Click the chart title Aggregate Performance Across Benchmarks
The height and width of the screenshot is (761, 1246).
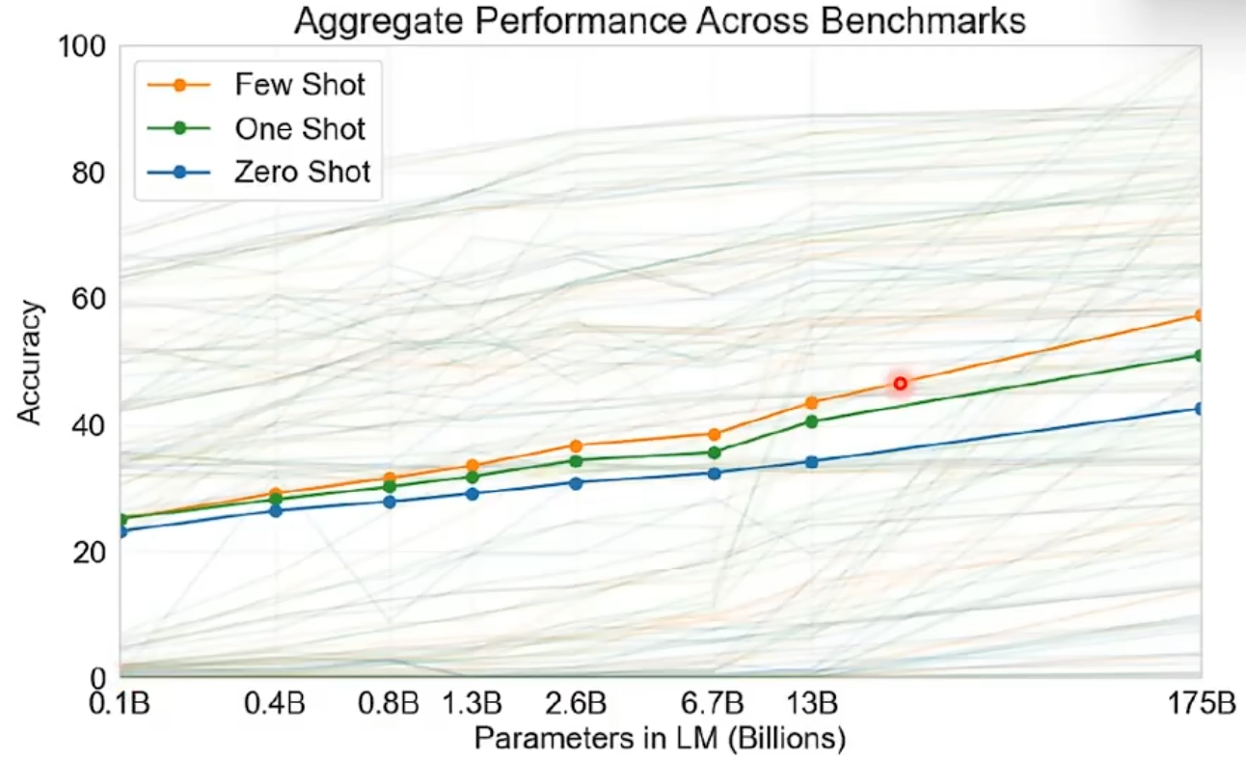coord(660,21)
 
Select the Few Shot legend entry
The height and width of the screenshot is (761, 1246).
coord(299,84)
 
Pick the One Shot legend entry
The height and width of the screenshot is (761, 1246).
coord(299,128)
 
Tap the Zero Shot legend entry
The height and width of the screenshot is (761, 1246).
coord(302,173)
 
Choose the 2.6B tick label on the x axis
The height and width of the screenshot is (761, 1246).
coord(577,702)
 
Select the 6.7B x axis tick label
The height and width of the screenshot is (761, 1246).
coord(715,702)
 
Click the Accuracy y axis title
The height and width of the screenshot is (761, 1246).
coord(31,362)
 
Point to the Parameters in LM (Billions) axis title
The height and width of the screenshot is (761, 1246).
coord(660,739)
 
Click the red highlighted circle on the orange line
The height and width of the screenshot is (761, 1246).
coord(900,384)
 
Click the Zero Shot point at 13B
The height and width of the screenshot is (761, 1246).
coord(812,462)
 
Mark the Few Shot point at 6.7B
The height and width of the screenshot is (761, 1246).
coord(715,435)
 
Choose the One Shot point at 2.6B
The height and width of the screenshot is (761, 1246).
coord(577,461)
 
